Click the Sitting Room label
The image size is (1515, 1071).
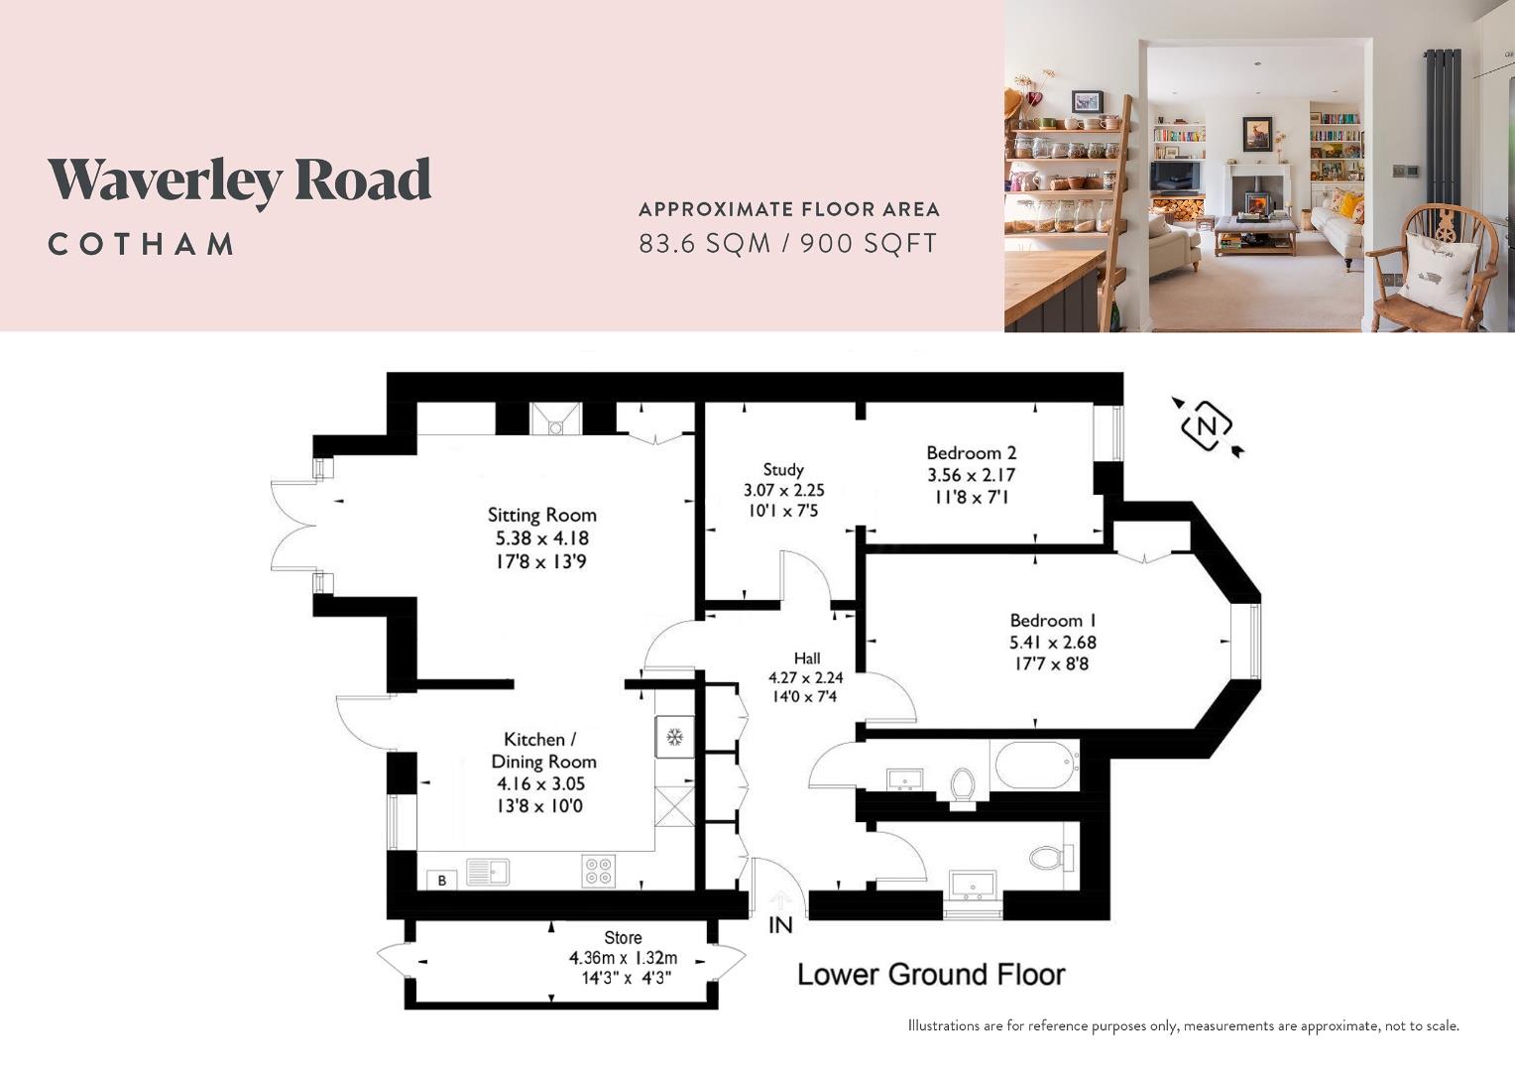[x=541, y=515]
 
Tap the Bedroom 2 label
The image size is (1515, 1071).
[x=971, y=453]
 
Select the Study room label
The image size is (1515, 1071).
[x=783, y=469]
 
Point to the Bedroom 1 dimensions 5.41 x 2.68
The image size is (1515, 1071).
[x=1052, y=643]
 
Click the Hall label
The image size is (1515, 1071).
[x=806, y=657]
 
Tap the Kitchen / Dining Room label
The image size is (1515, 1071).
[x=543, y=751]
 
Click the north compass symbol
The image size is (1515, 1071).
[x=1207, y=427]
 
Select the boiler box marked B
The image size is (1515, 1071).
[x=442, y=880]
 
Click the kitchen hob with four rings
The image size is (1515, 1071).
[x=598, y=871]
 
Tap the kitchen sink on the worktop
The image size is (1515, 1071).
[x=488, y=871]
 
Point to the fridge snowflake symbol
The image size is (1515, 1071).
[x=674, y=737]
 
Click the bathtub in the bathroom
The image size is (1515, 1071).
[x=1034, y=764]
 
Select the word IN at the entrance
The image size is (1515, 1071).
[x=780, y=925]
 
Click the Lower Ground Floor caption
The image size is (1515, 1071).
[x=931, y=975]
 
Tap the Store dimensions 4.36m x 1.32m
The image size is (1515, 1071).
[x=623, y=958]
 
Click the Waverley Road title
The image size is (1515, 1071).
[x=239, y=180]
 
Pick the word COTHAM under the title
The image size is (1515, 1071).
[x=142, y=244]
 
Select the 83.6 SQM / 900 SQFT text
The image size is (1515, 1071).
[x=787, y=243]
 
